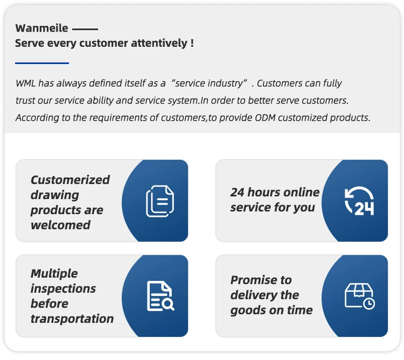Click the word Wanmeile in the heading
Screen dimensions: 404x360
41,28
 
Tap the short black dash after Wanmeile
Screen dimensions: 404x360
85,29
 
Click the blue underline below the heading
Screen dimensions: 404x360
42,63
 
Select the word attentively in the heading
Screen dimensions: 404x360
159,43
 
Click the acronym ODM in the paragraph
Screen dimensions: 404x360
265,118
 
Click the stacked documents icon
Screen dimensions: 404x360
160,201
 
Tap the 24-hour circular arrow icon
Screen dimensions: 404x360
359,201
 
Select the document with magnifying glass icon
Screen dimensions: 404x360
161,296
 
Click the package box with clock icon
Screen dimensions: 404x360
360,296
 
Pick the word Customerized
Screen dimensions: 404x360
71,180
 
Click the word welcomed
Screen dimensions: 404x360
60,225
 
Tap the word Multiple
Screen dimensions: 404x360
54,273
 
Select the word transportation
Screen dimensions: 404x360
72,319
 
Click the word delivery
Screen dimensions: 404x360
253,295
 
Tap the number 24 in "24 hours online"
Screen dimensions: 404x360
237,192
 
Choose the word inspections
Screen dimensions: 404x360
63,289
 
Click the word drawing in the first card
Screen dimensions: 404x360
55,195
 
